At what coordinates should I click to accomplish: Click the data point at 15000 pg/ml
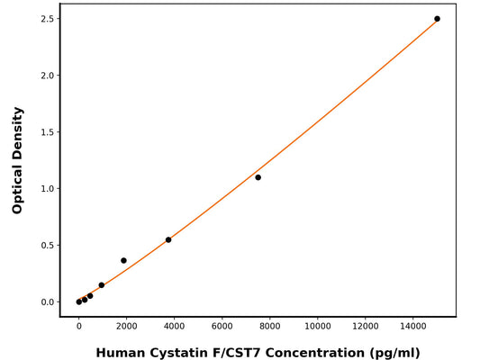[437, 19]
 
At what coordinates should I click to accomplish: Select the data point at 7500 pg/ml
[258, 177]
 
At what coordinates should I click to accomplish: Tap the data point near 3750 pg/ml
[168, 239]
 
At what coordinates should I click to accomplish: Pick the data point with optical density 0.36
[123, 260]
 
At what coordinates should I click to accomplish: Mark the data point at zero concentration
[79, 301]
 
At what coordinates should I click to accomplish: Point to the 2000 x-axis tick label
[126, 325]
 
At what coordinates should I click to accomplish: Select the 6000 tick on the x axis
[222, 325]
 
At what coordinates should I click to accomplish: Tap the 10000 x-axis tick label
[317, 325]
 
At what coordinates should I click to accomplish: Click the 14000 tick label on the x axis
[413, 325]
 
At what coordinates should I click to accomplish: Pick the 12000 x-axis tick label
[366, 325]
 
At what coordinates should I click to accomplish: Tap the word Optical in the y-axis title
[17, 131]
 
